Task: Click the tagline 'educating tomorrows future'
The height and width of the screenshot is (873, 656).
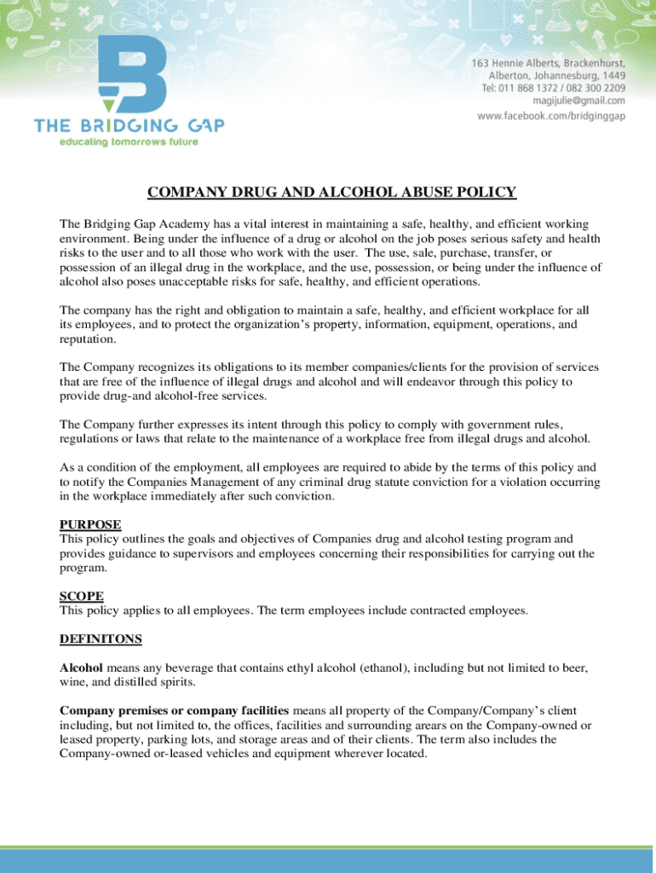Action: [128, 142]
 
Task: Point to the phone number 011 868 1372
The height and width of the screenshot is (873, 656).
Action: [530, 88]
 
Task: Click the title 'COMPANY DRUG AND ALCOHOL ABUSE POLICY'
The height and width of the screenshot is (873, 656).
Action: [332, 193]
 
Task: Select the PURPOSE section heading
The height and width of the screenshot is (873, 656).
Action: [90, 524]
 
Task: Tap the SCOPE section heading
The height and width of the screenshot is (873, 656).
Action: [82, 596]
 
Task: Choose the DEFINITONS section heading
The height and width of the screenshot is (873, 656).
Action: [101, 639]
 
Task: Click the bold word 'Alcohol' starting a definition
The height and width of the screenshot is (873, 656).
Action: [81, 668]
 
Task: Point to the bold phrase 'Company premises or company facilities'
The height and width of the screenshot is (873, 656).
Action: [174, 710]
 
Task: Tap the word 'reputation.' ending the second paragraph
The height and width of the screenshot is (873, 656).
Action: [88, 339]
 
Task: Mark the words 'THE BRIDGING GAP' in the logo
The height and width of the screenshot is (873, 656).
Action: [129, 126]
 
